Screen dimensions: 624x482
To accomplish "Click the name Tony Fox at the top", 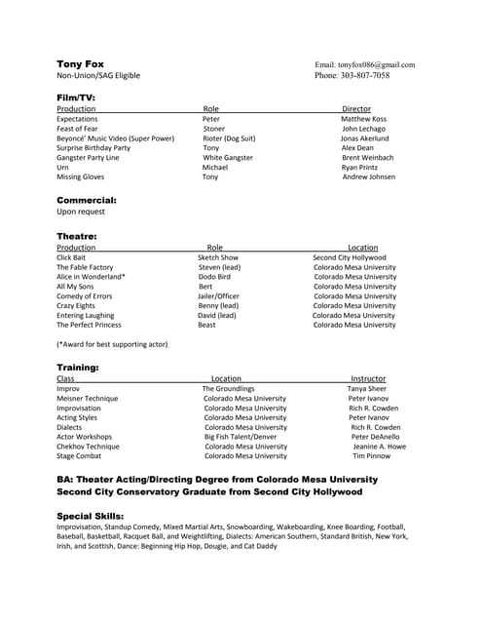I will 80,64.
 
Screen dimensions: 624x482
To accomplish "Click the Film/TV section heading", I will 76,97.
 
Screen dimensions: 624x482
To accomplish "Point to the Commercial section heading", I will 86,200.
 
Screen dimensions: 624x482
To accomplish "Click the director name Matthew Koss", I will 363,119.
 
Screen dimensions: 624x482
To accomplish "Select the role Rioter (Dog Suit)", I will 229,138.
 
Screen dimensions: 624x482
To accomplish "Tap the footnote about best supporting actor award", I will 112,344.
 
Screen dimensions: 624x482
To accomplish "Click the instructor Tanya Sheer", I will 366,388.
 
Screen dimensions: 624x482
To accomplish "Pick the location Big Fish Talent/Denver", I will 240,437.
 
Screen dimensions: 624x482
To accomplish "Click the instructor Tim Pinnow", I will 371,456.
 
